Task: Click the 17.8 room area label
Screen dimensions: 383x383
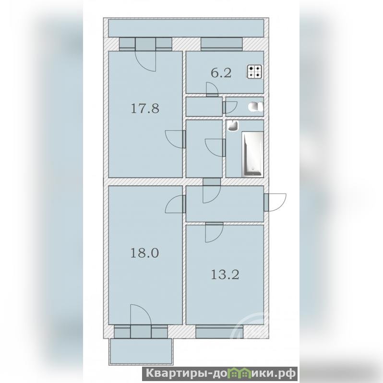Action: coord(145,108)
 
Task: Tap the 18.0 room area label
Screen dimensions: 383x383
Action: coord(144,252)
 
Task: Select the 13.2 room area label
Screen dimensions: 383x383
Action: coord(225,275)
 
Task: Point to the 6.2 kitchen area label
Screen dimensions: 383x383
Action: coord(221,73)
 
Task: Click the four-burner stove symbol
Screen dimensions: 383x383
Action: coord(255,72)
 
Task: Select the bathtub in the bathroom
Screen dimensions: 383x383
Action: coord(252,154)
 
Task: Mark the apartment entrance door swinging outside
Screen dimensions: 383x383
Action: coord(275,202)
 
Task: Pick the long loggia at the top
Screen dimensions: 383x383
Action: coord(186,28)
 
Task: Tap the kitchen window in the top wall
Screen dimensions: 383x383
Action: coord(222,44)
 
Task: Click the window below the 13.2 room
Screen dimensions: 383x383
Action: coord(219,332)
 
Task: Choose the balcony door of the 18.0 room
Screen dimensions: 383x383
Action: coord(141,321)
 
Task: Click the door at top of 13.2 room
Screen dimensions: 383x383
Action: coord(214,232)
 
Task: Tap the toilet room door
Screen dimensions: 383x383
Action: coord(229,108)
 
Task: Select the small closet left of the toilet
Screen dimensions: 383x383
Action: coord(204,107)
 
